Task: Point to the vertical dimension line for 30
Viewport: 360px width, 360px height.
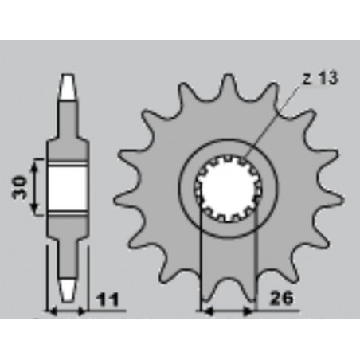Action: click(x=35, y=187)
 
